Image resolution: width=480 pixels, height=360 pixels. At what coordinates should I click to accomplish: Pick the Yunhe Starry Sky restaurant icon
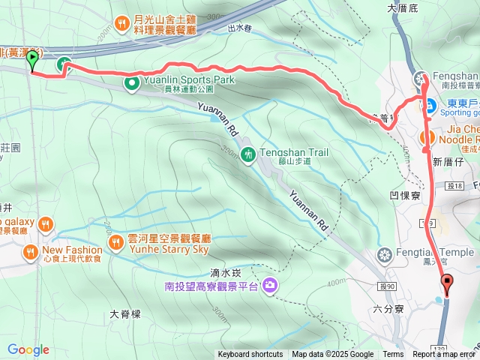(115, 243)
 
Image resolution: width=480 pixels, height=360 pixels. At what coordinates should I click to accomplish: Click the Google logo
(28, 349)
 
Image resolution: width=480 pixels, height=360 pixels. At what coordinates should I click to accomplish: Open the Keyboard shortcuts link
(250, 355)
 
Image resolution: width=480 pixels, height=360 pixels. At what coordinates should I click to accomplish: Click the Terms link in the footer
(393, 355)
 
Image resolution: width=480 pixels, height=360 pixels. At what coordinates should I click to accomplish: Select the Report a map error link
(443, 355)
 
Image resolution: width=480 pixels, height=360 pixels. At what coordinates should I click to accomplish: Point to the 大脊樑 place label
(125, 314)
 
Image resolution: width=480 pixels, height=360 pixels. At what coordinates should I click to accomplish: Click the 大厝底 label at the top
(401, 8)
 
